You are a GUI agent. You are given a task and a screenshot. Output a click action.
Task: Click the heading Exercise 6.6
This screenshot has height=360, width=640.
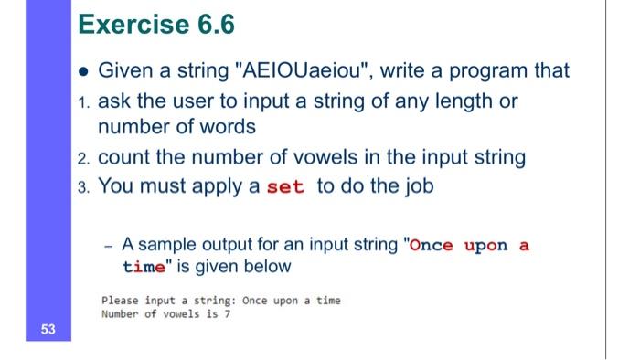156,28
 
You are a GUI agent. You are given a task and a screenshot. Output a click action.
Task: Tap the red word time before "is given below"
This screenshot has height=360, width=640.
139,268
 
